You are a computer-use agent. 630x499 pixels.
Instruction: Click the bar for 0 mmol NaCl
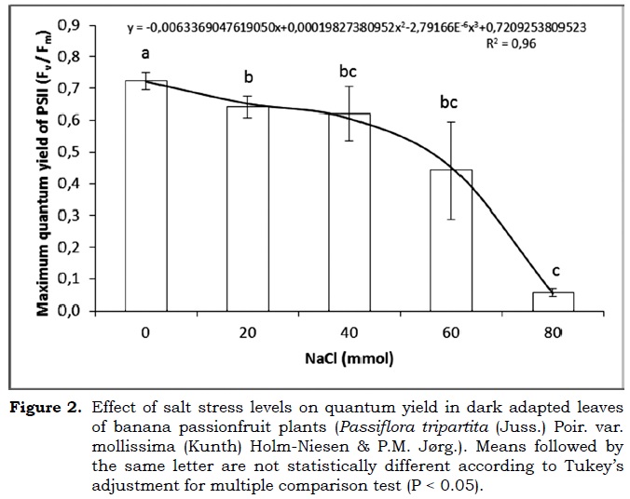pyautogui.click(x=145, y=196)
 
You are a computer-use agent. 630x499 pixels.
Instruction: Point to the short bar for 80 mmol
pyautogui.click(x=553, y=302)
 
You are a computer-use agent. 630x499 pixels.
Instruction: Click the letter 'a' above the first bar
pyautogui.click(x=145, y=54)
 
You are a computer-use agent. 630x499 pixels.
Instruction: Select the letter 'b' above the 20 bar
pyautogui.click(x=247, y=77)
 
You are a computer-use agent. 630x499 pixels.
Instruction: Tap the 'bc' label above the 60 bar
pyautogui.click(x=449, y=101)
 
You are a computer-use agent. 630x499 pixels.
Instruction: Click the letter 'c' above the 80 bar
pyautogui.click(x=555, y=272)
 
